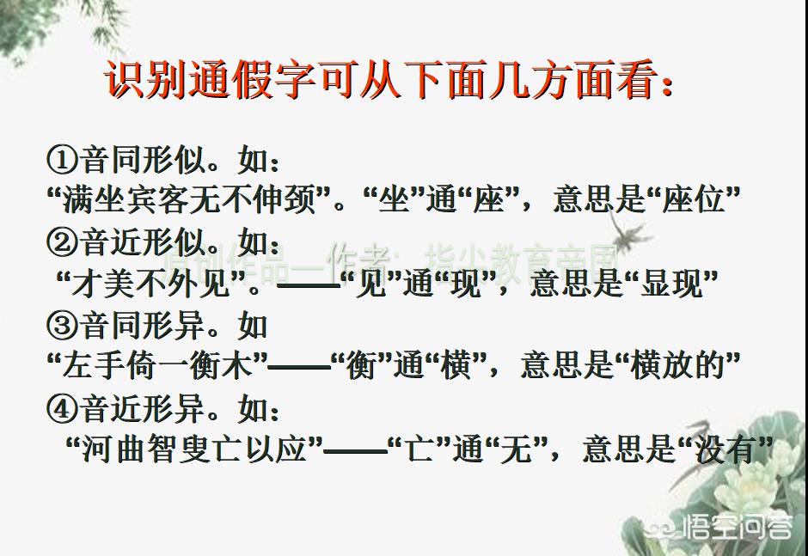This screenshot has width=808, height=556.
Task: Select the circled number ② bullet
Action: [62, 242]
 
